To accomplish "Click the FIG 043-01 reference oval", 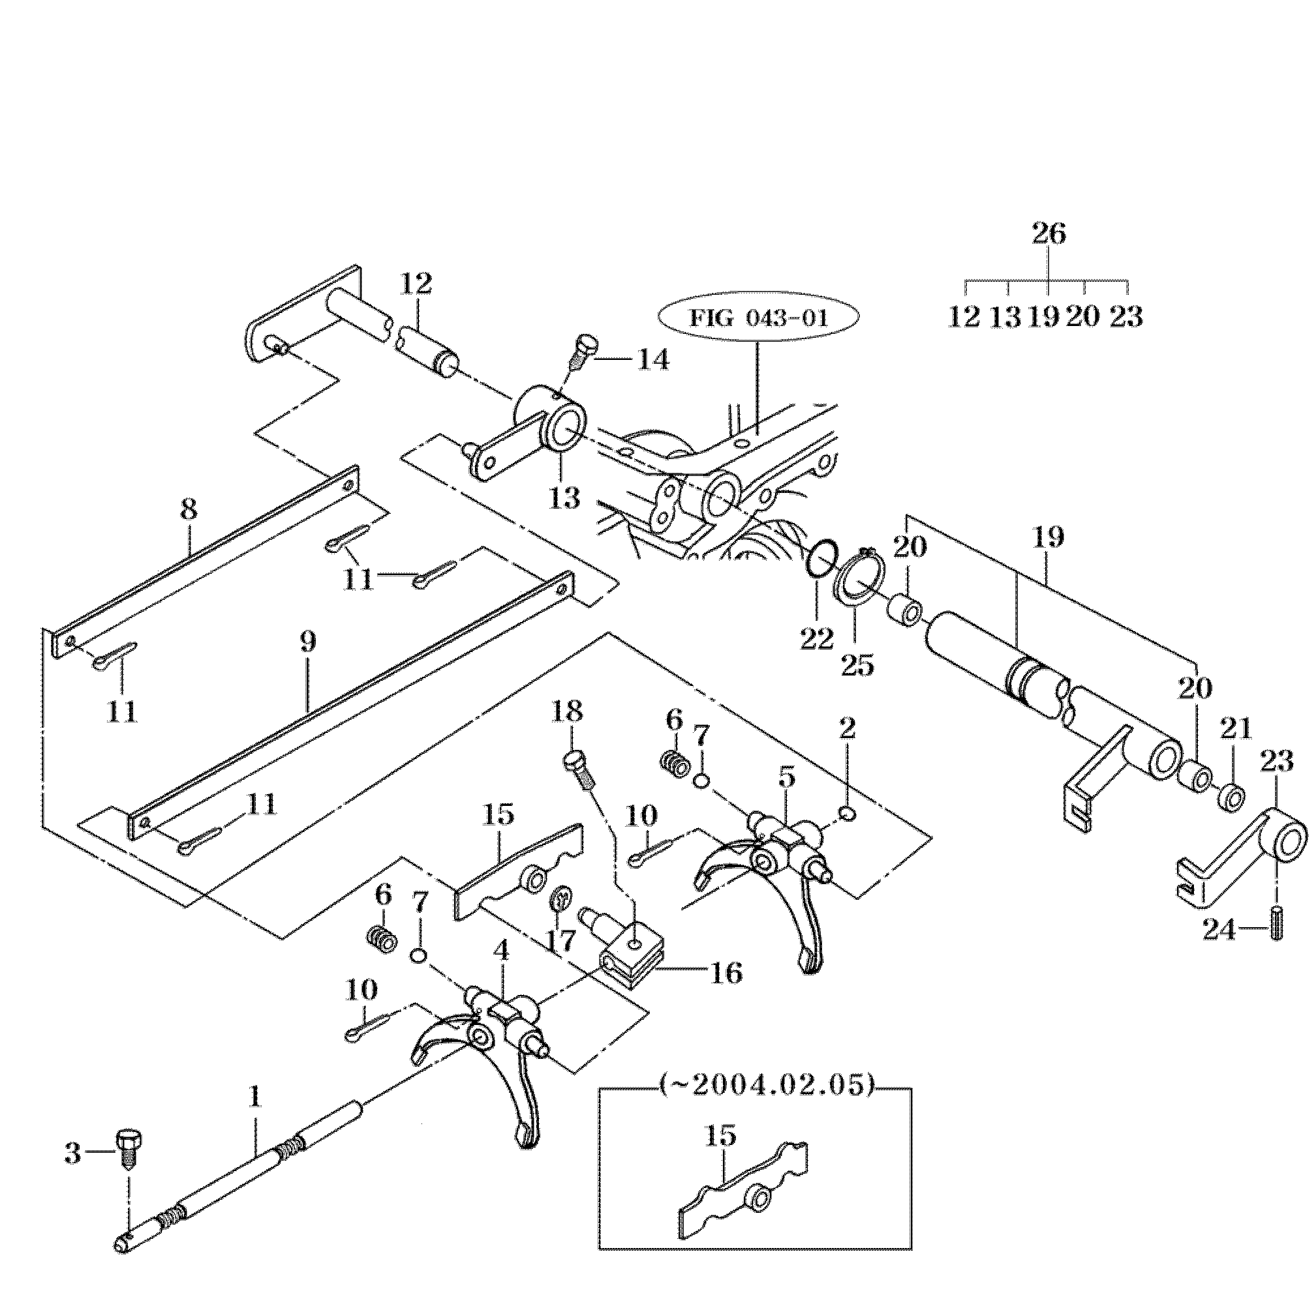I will point(758,318).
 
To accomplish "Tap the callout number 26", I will point(1048,234).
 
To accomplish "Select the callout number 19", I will point(1047,538).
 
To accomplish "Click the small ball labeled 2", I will point(848,813).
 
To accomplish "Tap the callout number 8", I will point(189,509).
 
